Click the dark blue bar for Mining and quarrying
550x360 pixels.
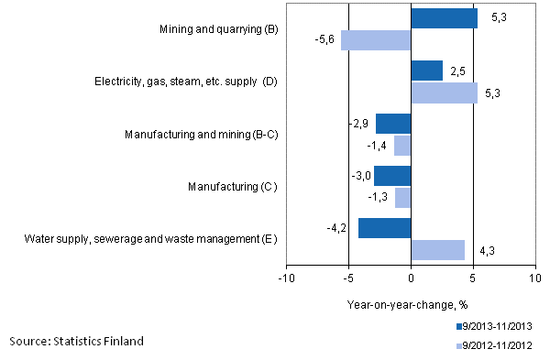tap(444, 18)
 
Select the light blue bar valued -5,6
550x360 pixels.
tap(376, 40)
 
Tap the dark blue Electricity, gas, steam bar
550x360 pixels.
tap(426, 71)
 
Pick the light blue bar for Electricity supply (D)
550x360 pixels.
tap(444, 93)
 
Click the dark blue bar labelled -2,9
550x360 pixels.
tap(392, 124)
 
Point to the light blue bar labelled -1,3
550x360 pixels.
tap(402, 198)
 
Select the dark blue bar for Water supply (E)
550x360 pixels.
tap(384, 228)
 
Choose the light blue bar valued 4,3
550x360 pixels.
tap(437, 250)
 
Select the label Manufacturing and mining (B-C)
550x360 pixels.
tap(201, 135)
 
